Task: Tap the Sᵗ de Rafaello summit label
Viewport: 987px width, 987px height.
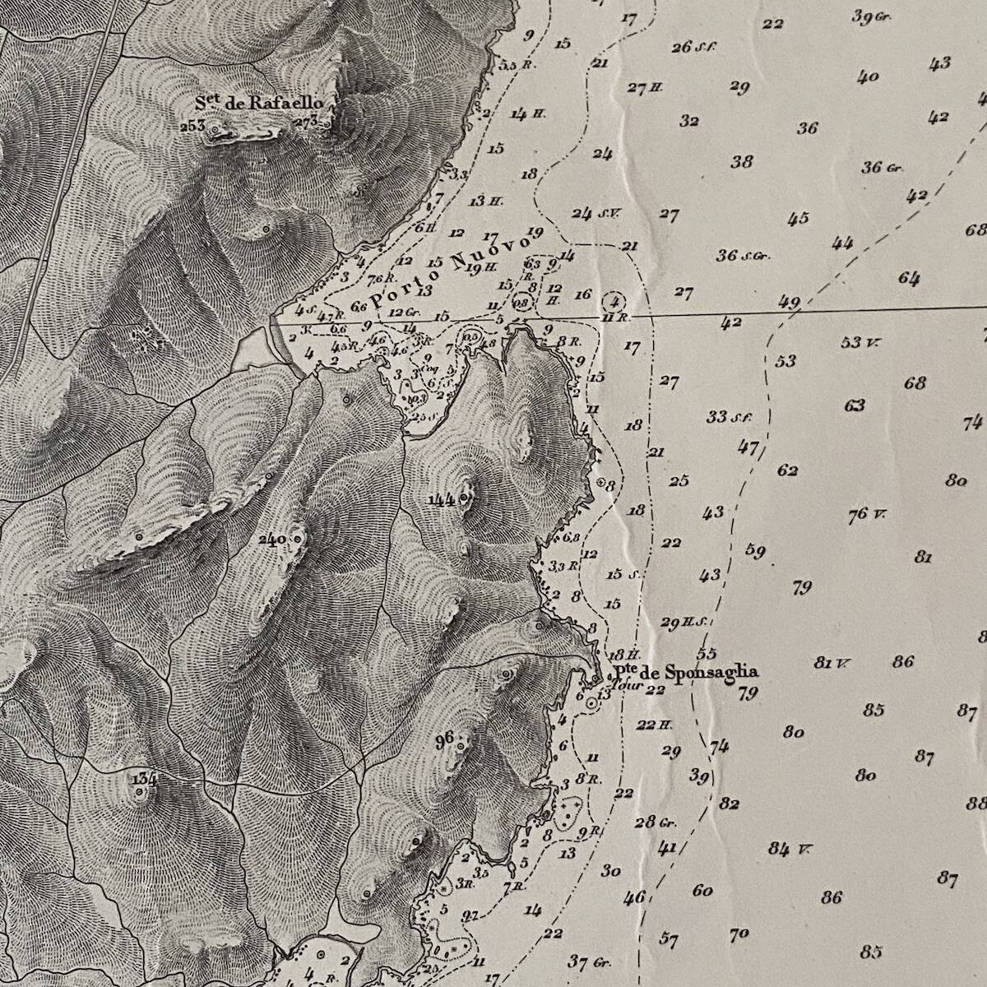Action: (255, 103)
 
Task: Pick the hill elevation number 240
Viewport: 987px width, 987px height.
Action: (271, 540)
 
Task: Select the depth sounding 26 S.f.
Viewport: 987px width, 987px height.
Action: (690, 47)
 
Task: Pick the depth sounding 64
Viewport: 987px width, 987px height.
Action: (909, 278)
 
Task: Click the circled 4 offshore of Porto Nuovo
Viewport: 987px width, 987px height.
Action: (614, 300)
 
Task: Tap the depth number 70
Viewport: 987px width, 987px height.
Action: (739, 934)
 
